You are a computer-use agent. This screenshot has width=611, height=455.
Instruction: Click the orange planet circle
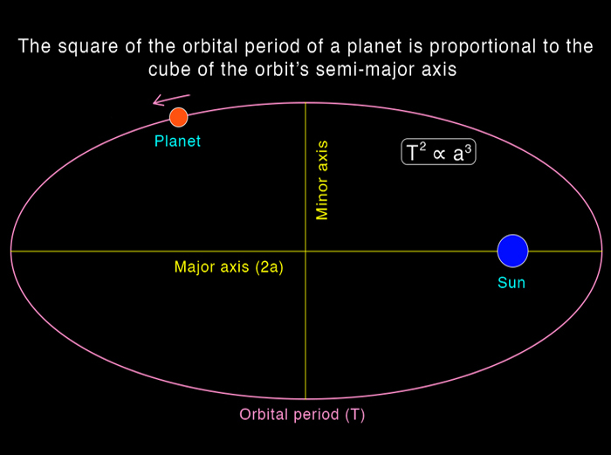coord(178,117)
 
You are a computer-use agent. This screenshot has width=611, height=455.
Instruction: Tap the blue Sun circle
coord(513,252)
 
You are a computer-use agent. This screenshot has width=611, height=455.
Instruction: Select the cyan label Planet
coord(177,141)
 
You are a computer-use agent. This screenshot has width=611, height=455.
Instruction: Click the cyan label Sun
coord(511,282)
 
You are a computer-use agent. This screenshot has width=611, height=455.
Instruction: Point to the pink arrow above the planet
coord(171,100)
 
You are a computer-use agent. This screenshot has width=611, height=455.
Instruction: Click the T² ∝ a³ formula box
coord(438,152)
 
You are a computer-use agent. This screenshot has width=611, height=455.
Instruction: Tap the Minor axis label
coord(322,180)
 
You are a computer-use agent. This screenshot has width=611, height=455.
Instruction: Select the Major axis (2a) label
coord(229,267)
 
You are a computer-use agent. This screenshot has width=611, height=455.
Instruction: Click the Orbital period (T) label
coord(302,415)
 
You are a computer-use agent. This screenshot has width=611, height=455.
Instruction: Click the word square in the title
coord(88,46)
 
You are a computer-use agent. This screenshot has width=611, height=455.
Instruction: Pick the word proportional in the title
coord(483,46)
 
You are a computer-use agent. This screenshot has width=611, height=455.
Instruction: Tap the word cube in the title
coord(170,69)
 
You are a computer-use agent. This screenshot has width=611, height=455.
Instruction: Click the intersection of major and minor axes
coord(305,252)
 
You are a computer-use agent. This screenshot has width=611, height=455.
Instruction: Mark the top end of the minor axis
coord(305,103)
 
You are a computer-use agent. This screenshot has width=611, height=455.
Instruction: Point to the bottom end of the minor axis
coord(305,399)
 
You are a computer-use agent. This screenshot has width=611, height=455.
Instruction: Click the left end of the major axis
coord(10,252)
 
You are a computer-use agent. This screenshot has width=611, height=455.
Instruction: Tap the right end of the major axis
coord(602,252)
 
